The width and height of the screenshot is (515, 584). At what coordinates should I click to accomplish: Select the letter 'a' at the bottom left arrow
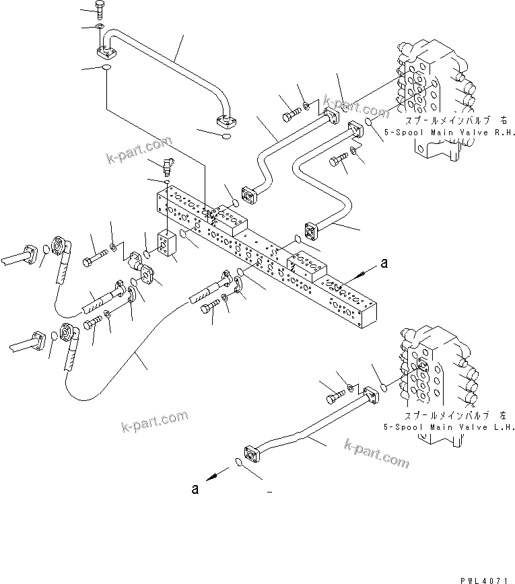point(195,489)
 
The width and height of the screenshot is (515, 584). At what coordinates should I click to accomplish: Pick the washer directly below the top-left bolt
point(100,27)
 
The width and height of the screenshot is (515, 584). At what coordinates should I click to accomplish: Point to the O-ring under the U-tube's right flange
point(226,137)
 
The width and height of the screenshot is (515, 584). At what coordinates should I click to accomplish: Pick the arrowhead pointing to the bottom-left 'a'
point(211,477)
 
